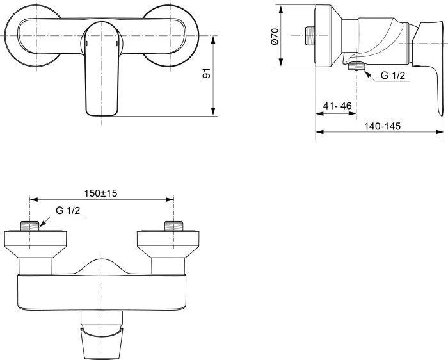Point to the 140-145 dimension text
(382, 126)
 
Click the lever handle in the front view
(101, 70)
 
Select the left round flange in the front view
(32, 35)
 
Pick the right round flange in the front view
(170, 35)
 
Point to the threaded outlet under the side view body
(353, 68)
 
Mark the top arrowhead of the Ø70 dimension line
(281, 8)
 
